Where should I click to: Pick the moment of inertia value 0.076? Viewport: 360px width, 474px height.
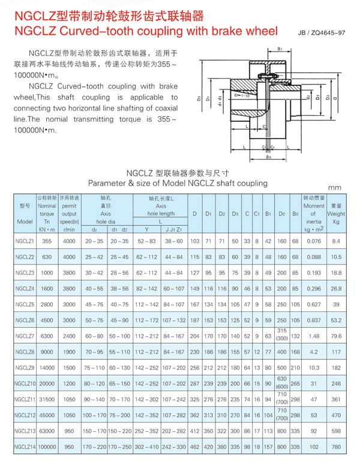pos(313,241)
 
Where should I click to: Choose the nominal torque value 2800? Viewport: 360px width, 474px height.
pos(47,304)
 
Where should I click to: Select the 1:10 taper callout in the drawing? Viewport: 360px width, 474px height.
pos(243,96)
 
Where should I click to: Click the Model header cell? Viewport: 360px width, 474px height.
pos(25,221)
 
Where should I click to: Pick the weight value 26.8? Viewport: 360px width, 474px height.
pos(336,288)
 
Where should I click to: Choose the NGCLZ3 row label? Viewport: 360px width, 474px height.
pos(25,272)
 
